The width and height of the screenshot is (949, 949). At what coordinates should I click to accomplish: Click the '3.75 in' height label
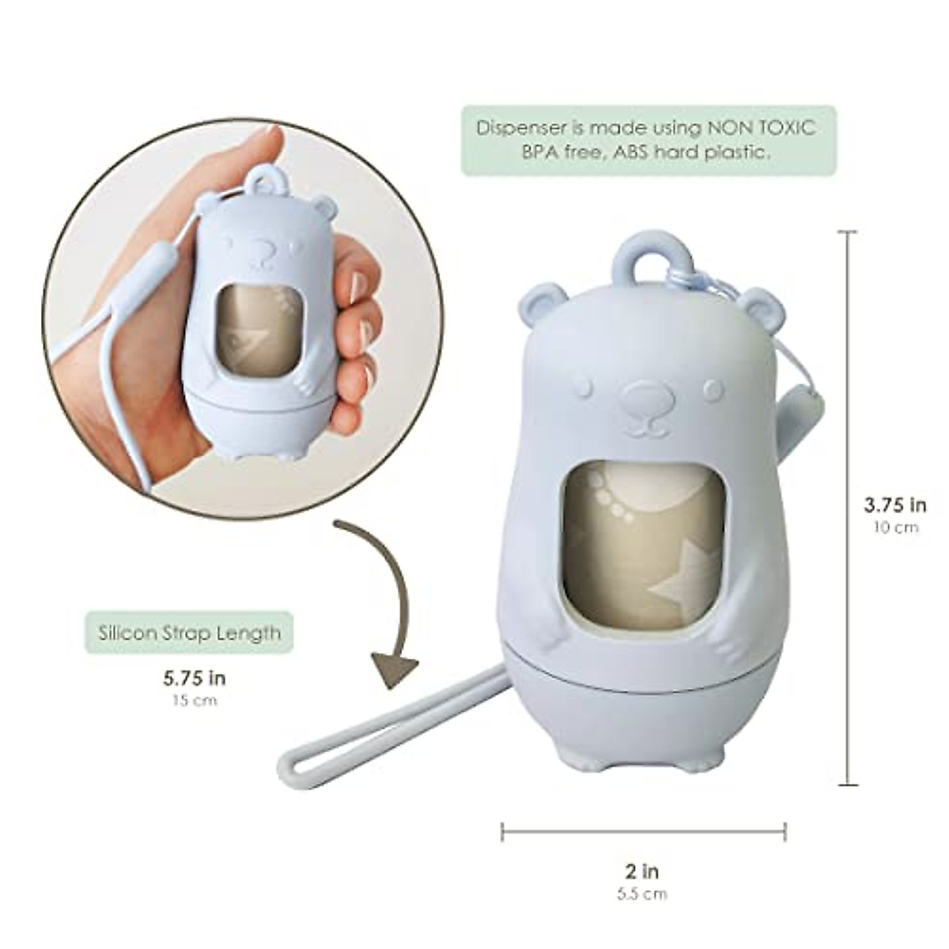point(894,505)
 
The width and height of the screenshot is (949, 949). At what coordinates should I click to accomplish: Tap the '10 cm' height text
point(895,527)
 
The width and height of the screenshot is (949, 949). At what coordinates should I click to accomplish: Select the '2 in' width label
point(641,871)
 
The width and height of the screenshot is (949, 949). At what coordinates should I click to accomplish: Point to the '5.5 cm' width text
point(641,894)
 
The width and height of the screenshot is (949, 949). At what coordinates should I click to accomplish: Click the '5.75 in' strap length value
point(195,678)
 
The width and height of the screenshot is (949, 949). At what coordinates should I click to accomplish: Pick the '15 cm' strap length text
point(194,700)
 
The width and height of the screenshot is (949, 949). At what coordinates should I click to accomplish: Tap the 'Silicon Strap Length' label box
point(189,633)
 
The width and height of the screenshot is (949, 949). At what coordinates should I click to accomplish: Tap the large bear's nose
point(647,395)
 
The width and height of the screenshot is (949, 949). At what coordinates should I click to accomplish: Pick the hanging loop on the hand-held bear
point(263,183)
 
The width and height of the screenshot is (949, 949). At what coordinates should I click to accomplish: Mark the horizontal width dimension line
point(643,830)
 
